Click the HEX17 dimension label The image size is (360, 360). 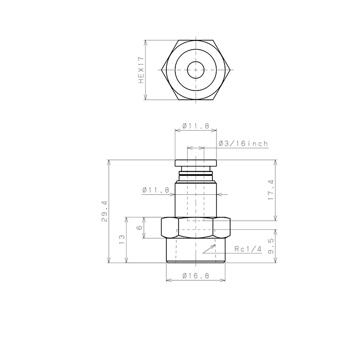[141, 70]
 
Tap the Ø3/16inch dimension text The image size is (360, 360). [243, 144]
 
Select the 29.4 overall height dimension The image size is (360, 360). [104, 211]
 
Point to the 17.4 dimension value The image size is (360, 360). [271, 190]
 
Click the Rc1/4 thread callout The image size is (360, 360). [248, 249]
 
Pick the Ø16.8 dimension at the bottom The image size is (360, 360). [196, 276]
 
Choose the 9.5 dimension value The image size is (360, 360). [271, 246]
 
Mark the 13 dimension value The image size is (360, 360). [122, 240]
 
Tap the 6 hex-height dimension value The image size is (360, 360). [139, 227]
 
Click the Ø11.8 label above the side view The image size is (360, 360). [196, 126]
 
